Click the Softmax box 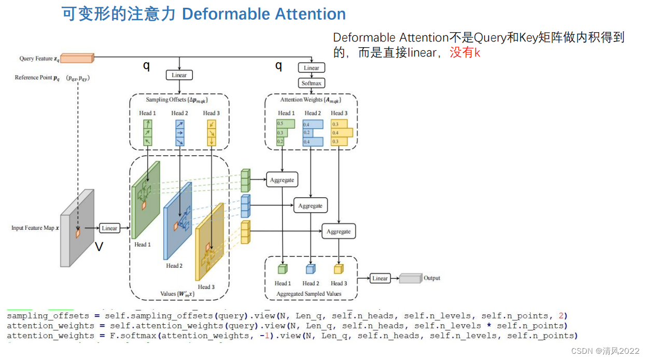pos(312,83)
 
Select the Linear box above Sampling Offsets pos(179,75)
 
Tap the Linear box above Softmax pos(312,68)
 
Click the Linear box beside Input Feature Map pos(109,228)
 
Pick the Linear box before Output pos(380,279)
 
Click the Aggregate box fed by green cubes pos(282,180)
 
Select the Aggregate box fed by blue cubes pos(310,206)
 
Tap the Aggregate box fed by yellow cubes pos(339,232)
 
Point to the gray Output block pos(410,279)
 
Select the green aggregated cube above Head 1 pos(282,269)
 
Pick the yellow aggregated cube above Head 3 pos(338,269)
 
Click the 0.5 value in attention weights pos(280,124)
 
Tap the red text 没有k pos(465,52)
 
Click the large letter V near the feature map pos(99,247)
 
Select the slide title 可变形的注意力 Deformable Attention pos(204,14)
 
